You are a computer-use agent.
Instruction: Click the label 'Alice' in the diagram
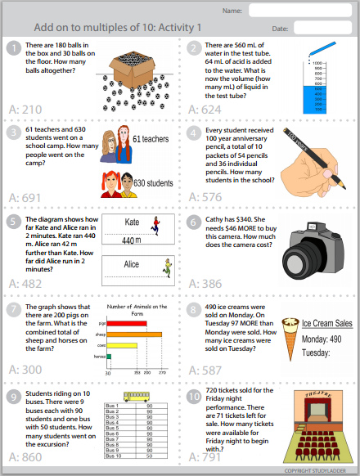pos(132,264)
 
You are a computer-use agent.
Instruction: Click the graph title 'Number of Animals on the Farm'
pos(131,309)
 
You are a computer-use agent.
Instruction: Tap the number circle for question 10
pos(193,398)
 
